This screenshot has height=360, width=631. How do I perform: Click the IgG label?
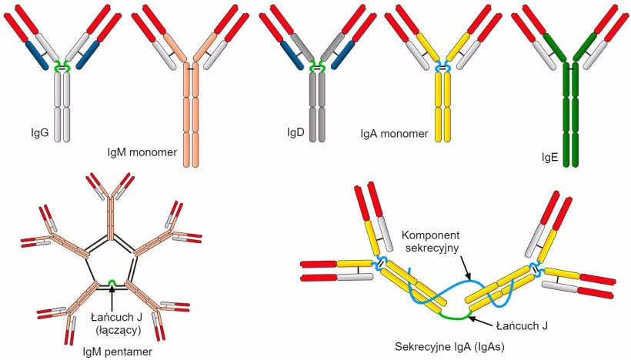(38, 132)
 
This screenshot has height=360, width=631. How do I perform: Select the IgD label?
(295, 132)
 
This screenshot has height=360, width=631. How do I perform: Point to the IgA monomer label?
(393, 134)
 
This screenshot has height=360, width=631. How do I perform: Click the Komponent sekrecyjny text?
(433, 238)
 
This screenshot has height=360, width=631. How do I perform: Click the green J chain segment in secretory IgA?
(455, 315)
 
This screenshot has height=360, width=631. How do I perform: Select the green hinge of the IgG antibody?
(62, 68)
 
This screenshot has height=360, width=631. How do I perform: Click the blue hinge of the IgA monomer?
(442, 68)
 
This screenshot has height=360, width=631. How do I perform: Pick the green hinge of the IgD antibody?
(316, 68)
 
